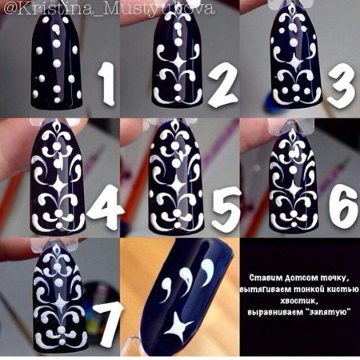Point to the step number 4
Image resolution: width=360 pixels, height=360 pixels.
[105, 205]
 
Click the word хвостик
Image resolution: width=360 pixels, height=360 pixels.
[300, 296]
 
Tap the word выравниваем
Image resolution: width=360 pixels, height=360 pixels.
[277, 307]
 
